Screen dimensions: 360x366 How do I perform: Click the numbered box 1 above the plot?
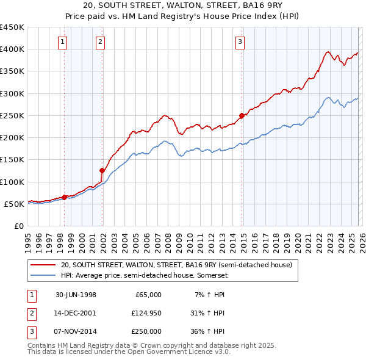click(x=63, y=42)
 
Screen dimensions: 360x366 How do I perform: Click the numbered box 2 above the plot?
click(x=101, y=42)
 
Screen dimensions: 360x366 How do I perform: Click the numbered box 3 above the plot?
click(x=240, y=42)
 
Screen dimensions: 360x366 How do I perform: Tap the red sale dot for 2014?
click(x=242, y=115)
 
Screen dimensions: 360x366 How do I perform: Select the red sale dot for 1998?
click(x=65, y=197)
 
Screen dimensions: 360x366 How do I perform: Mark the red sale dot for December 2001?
click(x=102, y=171)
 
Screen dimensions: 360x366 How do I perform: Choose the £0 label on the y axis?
click(x=18, y=226)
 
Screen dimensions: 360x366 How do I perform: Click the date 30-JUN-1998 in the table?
click(x=76, y=295)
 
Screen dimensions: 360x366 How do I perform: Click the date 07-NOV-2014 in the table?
click(x=76, y=331)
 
